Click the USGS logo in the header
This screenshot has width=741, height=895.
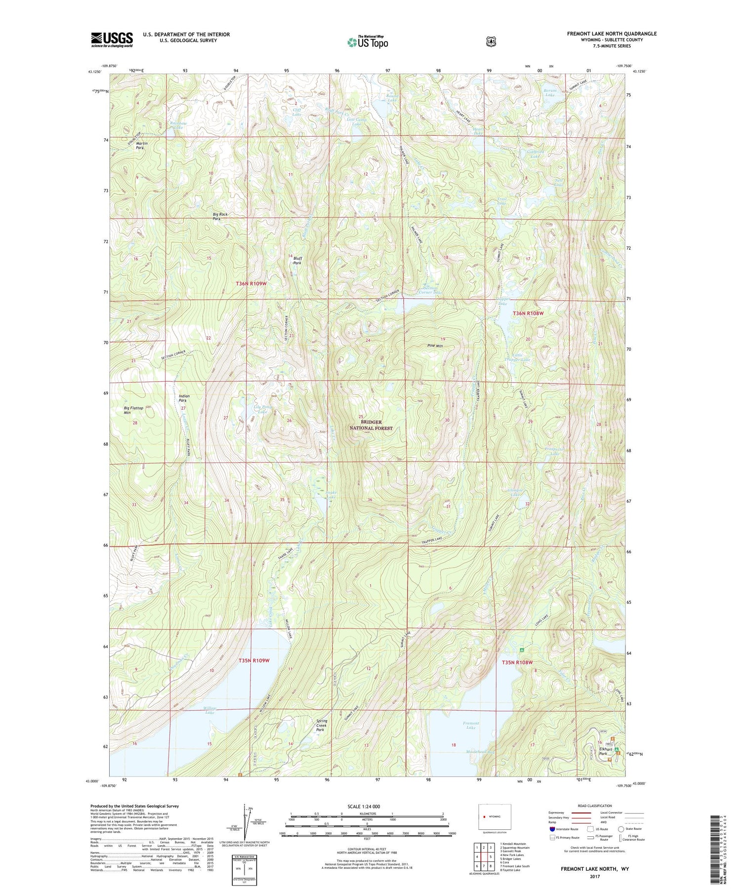112,39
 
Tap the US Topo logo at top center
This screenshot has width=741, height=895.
368,42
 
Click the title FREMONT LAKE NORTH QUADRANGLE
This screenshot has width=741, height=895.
612,34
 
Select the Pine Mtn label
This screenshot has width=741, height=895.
435,346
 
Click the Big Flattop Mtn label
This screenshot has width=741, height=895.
133,410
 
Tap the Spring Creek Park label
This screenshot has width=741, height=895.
321,725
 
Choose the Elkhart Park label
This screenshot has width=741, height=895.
605,751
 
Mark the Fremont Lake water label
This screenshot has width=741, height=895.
471,725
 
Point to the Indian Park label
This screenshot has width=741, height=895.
184,398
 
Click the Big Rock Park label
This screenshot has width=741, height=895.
220,216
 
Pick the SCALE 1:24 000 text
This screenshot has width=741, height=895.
364,806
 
